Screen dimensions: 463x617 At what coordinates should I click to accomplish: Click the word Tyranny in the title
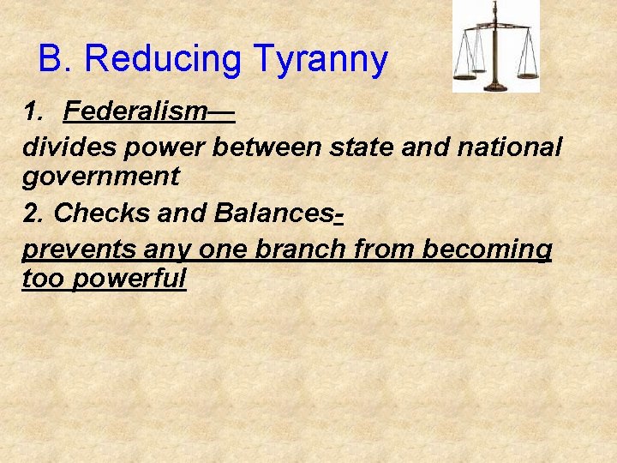(x=320, y=60)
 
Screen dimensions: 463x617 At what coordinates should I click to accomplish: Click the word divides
(x=69, y=147)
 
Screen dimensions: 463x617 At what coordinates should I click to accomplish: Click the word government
(x=100, y=177)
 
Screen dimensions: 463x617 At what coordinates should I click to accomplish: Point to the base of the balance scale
(x=496, y=86)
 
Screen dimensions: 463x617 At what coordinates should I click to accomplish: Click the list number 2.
(x=31, y=213)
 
